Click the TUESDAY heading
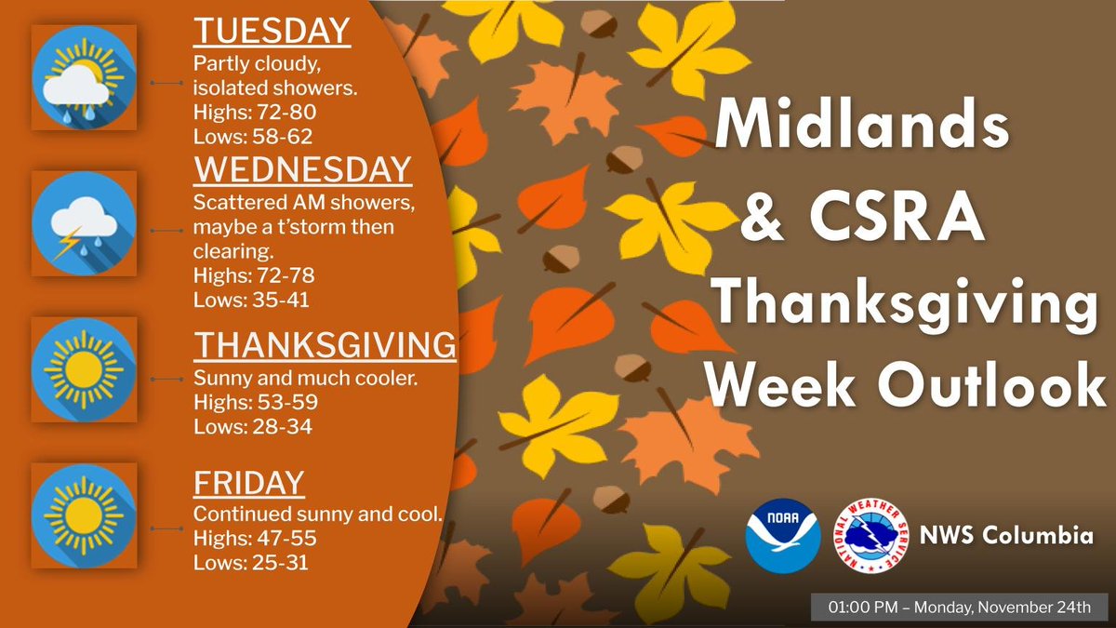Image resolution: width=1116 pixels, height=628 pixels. (x=272, y=30)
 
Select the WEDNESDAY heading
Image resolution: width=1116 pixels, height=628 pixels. (x=302, y=169)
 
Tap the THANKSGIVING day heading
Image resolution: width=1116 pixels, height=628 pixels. (x=325, y=346)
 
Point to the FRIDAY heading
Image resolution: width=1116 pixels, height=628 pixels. (x=248, y=482)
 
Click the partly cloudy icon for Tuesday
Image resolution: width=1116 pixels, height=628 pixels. (x=84, y=78)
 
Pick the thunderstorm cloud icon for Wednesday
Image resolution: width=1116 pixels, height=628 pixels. (x=84, y=223)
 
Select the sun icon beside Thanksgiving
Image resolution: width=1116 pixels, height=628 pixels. (x=84, y=369)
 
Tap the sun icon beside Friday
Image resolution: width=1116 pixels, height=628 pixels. (x=84, y=515)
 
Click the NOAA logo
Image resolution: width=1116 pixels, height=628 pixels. (x=783, y=536)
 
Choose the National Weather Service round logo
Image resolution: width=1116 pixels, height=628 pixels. (x=870, y=536)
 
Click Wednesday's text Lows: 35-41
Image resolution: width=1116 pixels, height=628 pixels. (x=252, y=300)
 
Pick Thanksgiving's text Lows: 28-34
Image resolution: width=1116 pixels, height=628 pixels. (x=252, y=427)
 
